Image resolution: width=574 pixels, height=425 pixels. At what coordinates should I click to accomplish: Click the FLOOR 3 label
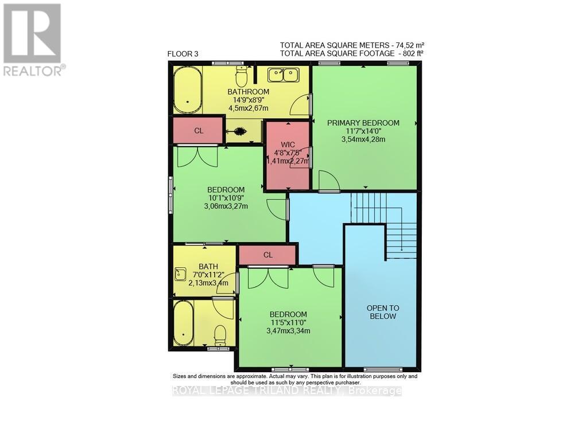pyautogui.click(x=183, y=54)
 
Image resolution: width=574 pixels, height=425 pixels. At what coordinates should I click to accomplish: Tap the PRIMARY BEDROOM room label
pyautogui.click(x=363, y=123)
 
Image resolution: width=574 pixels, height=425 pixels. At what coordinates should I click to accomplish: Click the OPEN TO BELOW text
pyautogui.click(x=383, y=312)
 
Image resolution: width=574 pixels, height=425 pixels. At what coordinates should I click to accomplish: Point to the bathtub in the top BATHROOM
pyautogui.click(x=188, y=91)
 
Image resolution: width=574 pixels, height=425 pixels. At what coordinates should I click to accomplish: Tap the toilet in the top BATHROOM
pyautogui.click(x=242, y=76)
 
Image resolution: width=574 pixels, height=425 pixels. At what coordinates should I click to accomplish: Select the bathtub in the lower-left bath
pyautogui.click(x=184, y=323)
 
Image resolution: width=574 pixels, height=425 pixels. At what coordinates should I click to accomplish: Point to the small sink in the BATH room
pyautogui.click(x=181, y=274)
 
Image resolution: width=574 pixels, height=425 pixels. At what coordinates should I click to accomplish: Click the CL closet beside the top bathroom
pyautogui.click(x=199, y=130)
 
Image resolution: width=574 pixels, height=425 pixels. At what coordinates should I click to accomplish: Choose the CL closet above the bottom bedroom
pyautogui.click(x=267, y=255)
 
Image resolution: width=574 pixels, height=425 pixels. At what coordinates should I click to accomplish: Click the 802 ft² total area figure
pyautogui.click(x=412, y=53)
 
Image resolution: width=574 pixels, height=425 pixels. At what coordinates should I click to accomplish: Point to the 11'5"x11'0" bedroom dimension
pyautogui.click(x=288, y=322)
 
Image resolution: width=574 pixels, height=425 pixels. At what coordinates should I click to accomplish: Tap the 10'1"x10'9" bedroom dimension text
pyautogui.click(x=226, y=198)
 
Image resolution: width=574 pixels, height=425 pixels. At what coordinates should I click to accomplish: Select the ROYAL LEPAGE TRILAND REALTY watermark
pyautogui.click(x=287, y=391)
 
